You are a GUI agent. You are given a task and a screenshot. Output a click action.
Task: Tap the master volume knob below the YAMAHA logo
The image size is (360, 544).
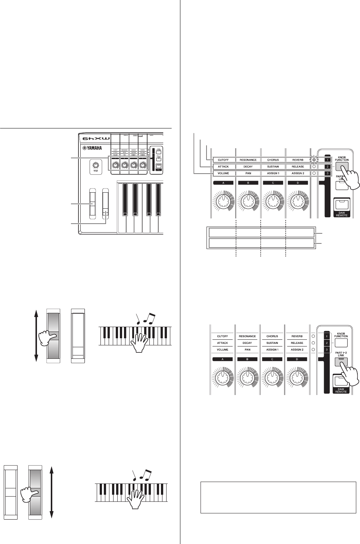[x=96, y=165]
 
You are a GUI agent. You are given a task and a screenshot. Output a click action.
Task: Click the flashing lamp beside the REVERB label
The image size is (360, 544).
[x=314, y=160]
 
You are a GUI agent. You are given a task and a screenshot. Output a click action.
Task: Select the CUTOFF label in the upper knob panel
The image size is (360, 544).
[x=223, y=160]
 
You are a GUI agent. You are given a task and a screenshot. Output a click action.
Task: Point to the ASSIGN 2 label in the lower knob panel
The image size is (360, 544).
[x=297, y=350]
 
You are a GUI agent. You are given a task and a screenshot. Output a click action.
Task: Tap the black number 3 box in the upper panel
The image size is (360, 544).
[x=327, y=173]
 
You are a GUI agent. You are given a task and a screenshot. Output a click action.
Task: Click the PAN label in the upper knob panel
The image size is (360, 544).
[x=248, y=173]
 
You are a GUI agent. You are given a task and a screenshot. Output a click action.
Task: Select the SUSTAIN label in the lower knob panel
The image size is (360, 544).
[x=272, y=343]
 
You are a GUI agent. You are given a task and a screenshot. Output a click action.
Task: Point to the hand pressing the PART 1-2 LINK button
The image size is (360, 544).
[x=349, y=375]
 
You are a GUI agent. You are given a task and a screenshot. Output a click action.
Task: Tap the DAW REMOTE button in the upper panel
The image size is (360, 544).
[x=341, y=205]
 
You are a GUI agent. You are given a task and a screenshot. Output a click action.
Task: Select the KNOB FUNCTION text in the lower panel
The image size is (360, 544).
[x=341, y=335]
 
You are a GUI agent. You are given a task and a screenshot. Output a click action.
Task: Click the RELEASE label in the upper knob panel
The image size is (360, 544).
[x=298, y=167]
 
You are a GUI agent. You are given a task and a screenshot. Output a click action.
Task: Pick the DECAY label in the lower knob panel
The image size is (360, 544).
[x=247, y=343]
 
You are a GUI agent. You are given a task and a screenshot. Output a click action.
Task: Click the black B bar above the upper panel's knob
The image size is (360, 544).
[x=248, y=183]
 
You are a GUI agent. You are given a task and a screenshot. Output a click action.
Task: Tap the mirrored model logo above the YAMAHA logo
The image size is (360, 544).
[x=93, y=138]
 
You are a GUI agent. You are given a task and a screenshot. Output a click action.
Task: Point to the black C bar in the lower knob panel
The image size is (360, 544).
[x=272, y=359]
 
